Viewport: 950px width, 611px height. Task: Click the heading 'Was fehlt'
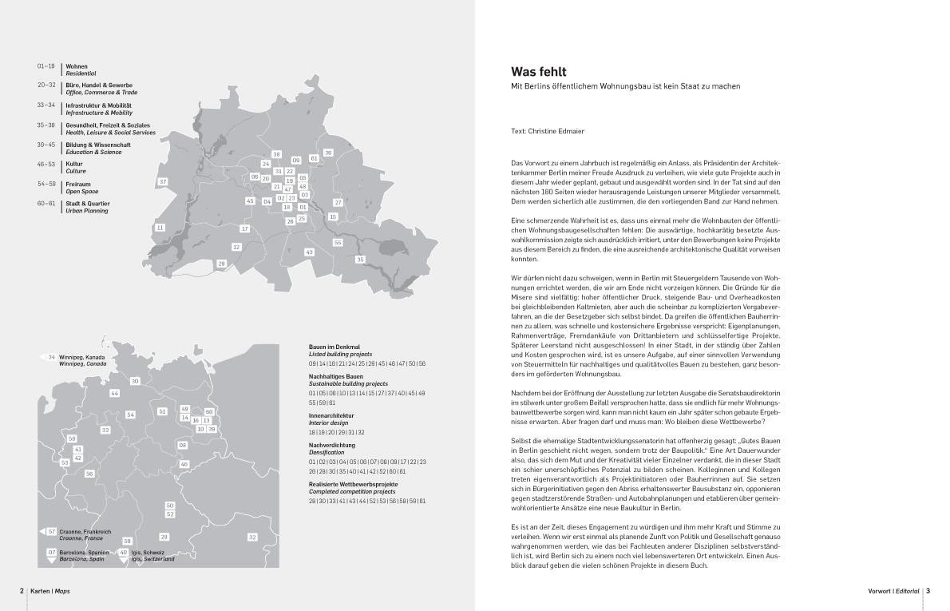[x=539, y=72]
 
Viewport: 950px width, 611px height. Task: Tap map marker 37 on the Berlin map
[x=163, y=182]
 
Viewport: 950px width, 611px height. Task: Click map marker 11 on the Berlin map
[x=160, y=228]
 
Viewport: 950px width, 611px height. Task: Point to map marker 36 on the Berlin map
[x=328, y=153]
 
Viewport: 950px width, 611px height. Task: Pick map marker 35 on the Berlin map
[x=360, y=259]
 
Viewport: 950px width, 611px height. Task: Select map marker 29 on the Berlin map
[x=221, y=263]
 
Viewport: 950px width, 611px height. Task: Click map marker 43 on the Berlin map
[x=309, y=252]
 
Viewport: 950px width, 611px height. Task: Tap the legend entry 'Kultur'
[x=74, y=164]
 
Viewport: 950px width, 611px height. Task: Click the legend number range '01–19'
[x=46, y=66]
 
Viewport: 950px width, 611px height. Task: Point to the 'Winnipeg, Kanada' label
[x=81, y=357]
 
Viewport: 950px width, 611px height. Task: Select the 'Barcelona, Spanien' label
[x=88, y=553]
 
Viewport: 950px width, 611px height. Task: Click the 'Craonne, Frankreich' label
[x=85, y=531]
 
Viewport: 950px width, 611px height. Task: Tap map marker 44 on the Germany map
[x=115, y=393]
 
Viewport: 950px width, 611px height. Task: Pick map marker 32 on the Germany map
[x=252, y=538]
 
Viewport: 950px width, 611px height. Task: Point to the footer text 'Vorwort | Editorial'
[x=893, y=591]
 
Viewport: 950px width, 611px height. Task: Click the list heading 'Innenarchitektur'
[x=331, y=415]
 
